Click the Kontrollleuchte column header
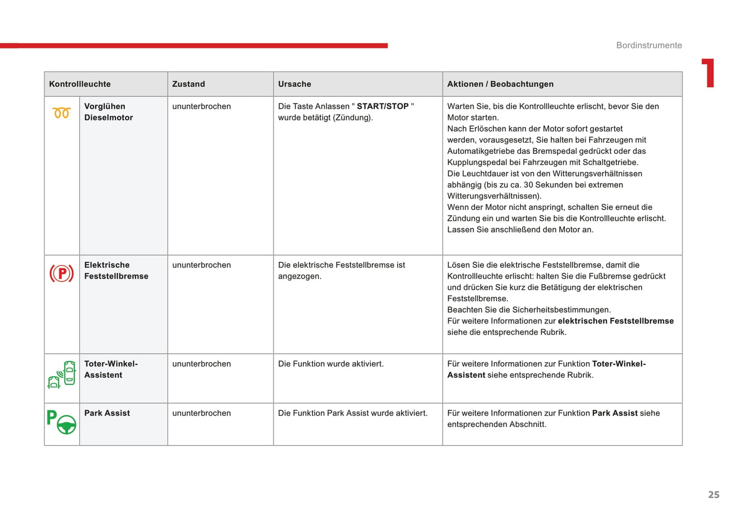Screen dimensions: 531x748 (x=80, y=84)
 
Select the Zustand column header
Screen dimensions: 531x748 (x=188, y=84)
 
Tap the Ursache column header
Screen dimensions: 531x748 (x=295, y=84)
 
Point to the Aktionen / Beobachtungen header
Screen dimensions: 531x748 (x=500, y=84)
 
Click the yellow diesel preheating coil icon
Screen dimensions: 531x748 (x=62, y=112)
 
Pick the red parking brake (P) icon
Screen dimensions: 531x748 (x=62, y=273)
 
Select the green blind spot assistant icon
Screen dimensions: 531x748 (x=62, y=375)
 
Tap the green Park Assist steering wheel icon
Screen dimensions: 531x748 (x=62, y=422)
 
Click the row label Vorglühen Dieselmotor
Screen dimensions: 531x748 (x=108, y=112)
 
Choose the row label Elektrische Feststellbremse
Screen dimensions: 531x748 (x=116, y=271)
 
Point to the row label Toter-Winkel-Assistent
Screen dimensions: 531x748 (x=111, y=370)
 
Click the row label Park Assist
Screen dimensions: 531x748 (x=107, y=413)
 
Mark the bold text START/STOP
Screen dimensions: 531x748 (x=383, y=106)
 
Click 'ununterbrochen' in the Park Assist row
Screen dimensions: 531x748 (x=201, y=413)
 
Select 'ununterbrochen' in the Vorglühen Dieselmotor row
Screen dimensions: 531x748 (x=201, y=106)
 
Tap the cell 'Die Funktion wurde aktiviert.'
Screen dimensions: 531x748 (x=331, y=364)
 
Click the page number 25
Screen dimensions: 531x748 (x=714, y=495)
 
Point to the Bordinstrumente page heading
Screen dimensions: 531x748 (x=649, y=45)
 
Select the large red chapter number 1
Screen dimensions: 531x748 (x=708, y=73)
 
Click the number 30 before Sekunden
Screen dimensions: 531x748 (x=528, y=185)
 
